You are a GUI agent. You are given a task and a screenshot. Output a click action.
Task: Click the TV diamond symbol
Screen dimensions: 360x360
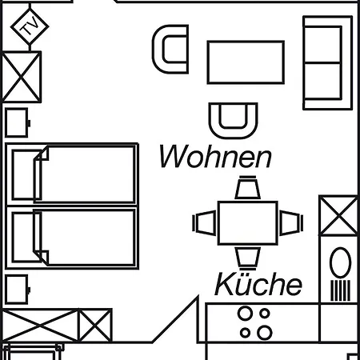[30, 26]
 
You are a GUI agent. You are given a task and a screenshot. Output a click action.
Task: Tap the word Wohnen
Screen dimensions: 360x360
[215, 157]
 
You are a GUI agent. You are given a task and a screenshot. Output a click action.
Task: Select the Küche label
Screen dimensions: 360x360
[258, 284]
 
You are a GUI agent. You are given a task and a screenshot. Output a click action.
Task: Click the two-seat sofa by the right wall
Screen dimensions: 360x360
[328, 62]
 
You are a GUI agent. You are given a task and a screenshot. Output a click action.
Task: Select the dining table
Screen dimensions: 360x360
[248, 223]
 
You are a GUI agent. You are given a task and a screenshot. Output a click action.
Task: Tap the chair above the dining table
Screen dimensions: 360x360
[248, 188]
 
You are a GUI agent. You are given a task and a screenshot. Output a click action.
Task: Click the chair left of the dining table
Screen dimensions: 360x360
[205, 223]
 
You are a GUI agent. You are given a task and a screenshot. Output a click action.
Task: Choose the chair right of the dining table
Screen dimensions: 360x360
[291, 223]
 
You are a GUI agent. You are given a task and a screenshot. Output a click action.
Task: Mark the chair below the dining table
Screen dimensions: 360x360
[248, 258]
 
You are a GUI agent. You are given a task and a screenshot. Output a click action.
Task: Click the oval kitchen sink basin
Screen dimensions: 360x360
[340, 262]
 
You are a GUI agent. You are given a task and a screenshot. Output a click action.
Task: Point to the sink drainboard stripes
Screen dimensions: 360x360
[340, 290]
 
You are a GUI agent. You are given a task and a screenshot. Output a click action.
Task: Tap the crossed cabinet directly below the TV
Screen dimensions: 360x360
[22, 77]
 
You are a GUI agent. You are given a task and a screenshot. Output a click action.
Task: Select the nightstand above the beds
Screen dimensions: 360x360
[17, 122]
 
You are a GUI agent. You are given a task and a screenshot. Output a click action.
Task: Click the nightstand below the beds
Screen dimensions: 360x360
[17, 290]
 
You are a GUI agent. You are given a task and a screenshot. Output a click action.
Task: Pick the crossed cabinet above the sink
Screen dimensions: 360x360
[338, 216]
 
